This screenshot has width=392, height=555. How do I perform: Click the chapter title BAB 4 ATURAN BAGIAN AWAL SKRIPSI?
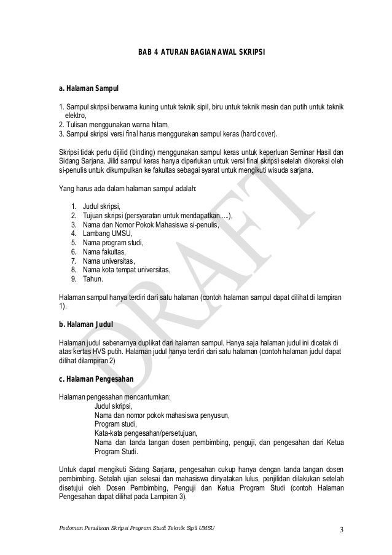[x=202, y=61]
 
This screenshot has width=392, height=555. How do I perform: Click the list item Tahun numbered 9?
[x=93, y=279]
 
